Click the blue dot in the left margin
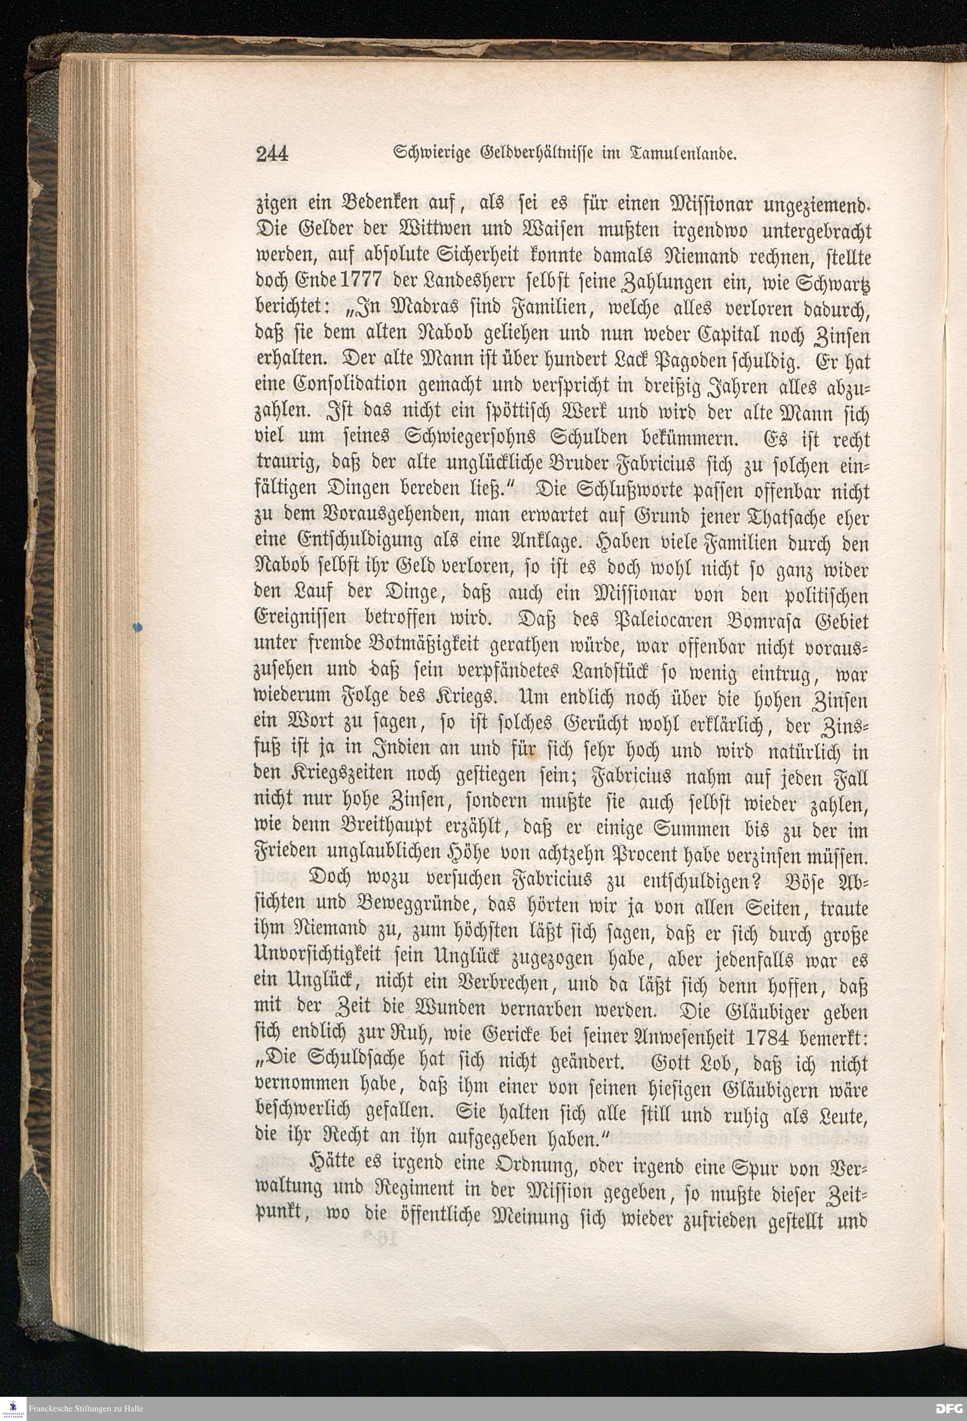[137, 626]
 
